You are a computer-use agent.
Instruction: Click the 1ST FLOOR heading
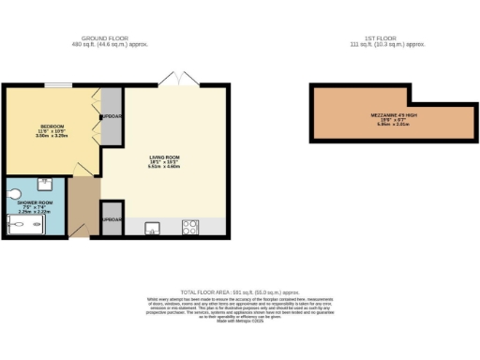[388, 38]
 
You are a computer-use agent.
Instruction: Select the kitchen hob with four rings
[190, 226]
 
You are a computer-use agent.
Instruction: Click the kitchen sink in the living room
[151, 226]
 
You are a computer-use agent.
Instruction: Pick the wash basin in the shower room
[44, 183]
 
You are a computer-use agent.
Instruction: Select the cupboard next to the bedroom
[112, 117]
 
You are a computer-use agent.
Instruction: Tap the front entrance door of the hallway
[79, 232]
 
